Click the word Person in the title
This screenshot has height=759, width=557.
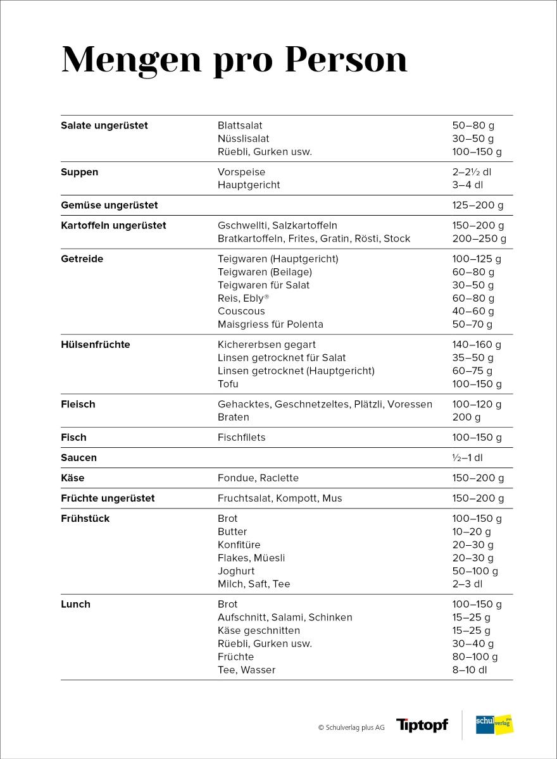click(x=345, y=60)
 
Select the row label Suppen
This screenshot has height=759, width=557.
click(x=79, y=172)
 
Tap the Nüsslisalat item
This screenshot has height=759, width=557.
click(x=243, y=139)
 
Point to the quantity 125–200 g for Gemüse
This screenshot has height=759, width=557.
click(x=478, y=205)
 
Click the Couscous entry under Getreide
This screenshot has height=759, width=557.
click(x=241, y=311)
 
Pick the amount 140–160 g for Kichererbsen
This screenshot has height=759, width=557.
click(x=476, y=345)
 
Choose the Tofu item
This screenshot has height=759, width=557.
click(x=228, y=384)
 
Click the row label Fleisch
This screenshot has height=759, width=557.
click(x=78, y=404)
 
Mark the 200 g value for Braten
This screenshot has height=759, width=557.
click(x=466, y=417)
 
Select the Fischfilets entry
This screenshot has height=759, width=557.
click(x=241, y=438)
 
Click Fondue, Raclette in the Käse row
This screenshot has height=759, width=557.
click(x=258, y=478)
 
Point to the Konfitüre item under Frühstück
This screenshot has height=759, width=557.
click(x=239, y=545)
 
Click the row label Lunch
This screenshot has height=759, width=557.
click(x=75, y=604)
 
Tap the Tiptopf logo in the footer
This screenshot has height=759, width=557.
click(x=422, y=725)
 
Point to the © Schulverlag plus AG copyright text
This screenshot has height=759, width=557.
click(x=351, y=727)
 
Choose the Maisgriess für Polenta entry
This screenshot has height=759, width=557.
click(x=270, y=324)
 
